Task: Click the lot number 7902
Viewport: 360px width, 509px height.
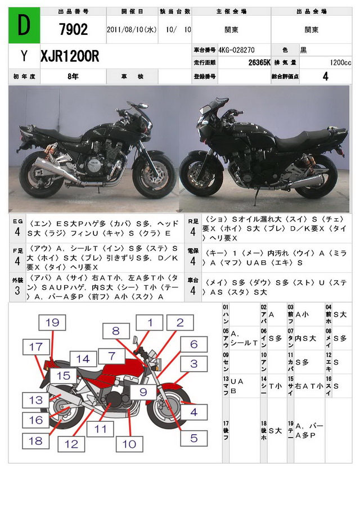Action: coord(73,30)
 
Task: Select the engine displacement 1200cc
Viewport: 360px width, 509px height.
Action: coord(341,62)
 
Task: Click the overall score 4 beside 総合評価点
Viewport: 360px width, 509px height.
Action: coord(326,76)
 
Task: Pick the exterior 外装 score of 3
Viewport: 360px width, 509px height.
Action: coord(17,290)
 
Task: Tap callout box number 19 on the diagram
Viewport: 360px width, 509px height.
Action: coord(52,322)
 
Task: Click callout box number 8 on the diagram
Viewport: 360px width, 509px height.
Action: coord(115,331)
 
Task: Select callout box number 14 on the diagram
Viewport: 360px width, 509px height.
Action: coord(83,358)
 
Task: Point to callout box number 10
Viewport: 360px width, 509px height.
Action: coord(129,444)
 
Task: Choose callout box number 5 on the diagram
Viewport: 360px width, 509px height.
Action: coord(193,438)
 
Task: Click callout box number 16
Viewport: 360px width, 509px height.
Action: coord(35,420)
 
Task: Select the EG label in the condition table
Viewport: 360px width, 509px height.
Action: coord(17,222)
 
